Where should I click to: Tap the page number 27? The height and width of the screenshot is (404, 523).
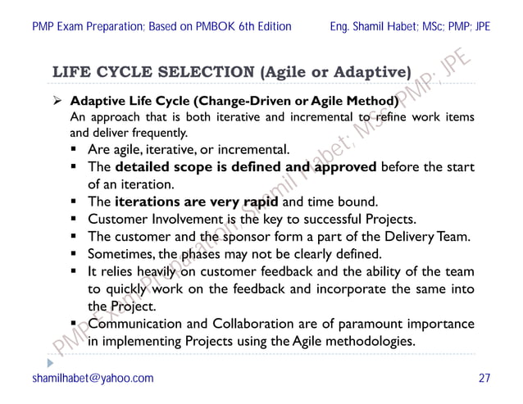point(484,378)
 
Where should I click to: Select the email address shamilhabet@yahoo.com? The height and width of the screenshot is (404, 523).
point(93,378)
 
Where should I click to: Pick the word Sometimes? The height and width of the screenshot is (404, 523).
point(121,253)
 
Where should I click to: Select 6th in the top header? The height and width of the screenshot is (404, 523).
point(231,26)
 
